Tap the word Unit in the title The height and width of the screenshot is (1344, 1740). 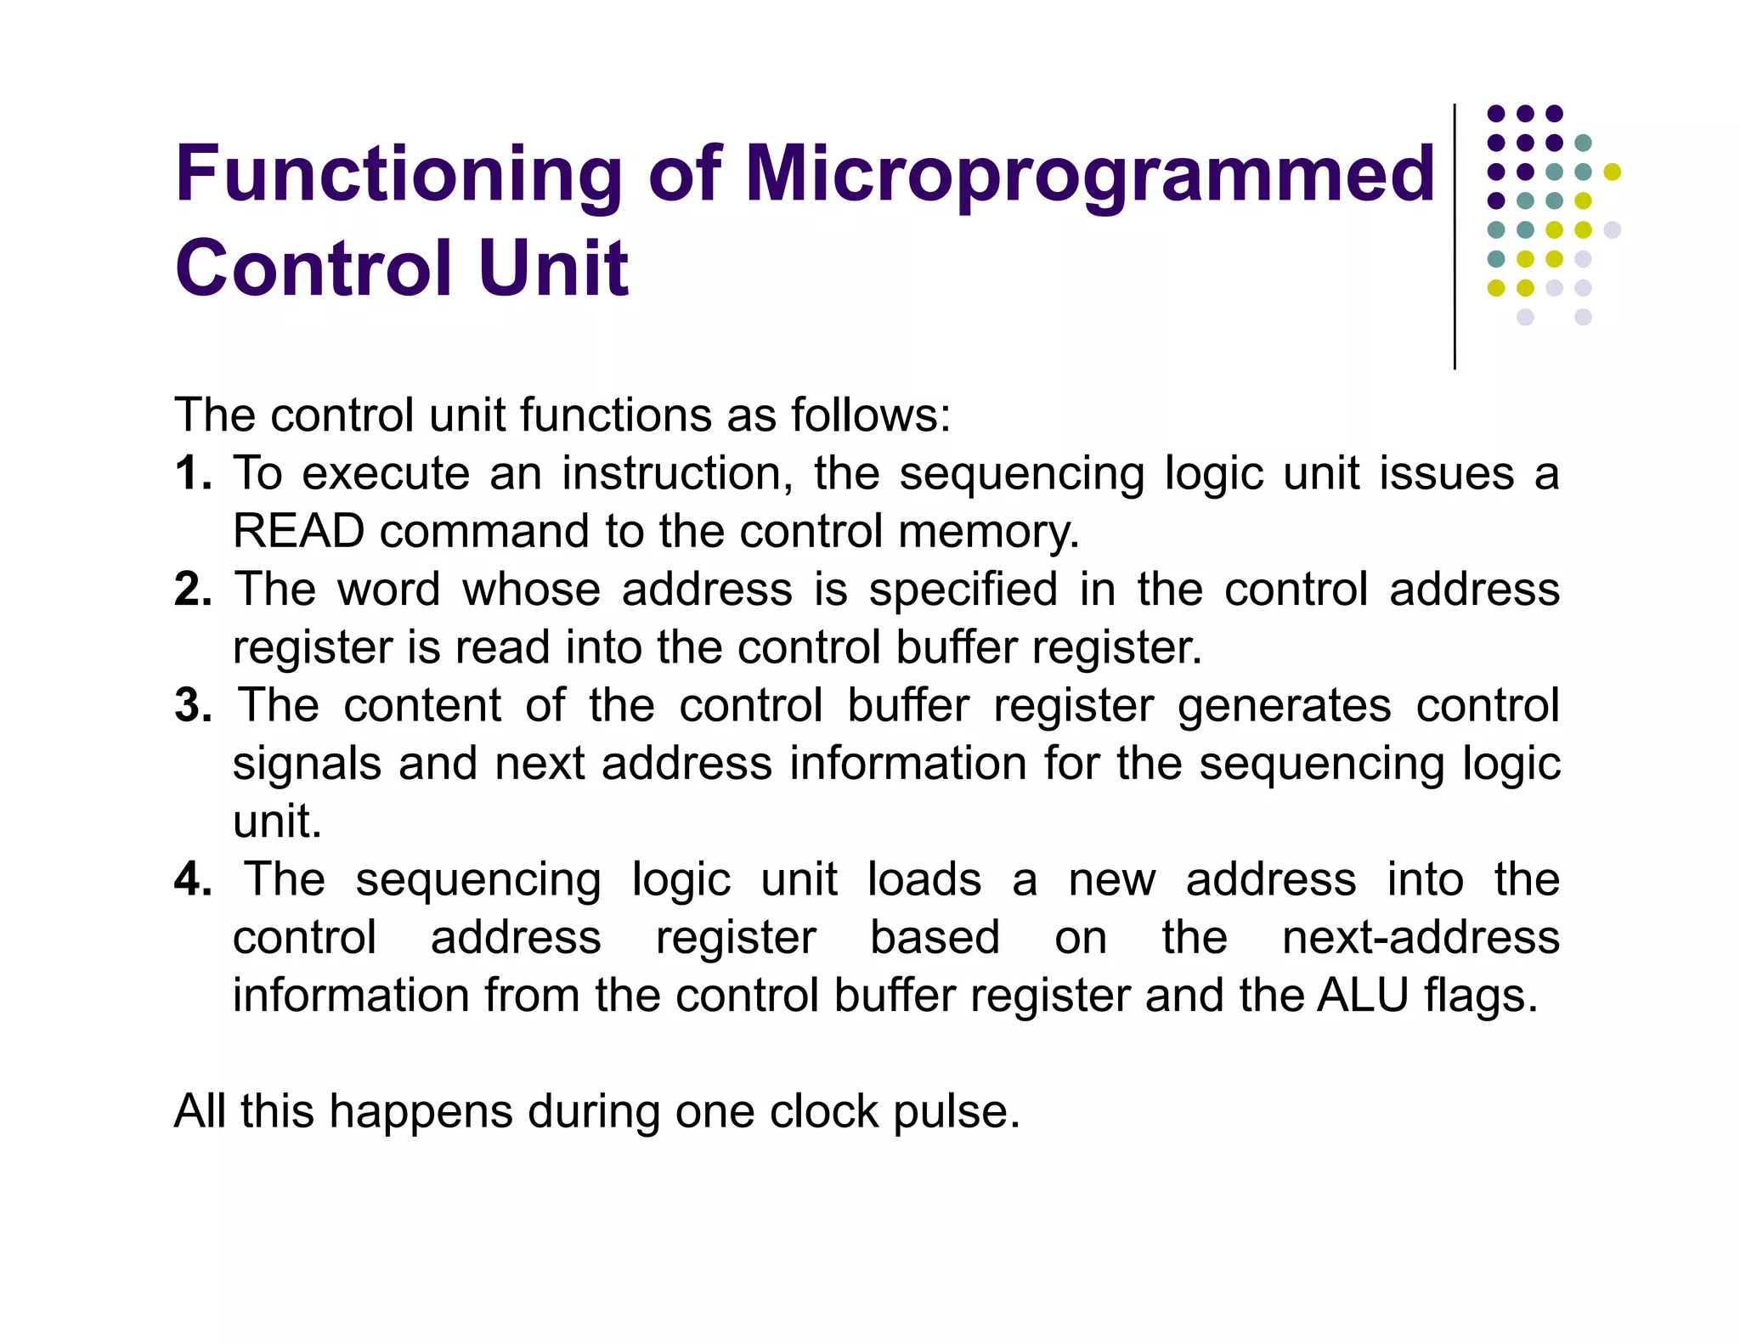pyautogui.click(x=552, y=268)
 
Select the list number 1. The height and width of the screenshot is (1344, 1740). pyautogui.click(x=192, y=473)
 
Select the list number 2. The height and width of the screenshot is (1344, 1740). pyautogui.click(x=192, y=590)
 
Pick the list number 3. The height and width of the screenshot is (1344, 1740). pyautogui.click(x=192, y=706)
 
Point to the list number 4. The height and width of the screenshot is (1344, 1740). pyautogui.click(x=192, y=879)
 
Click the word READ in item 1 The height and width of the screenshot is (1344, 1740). pyautogui.click(x=298, y=532)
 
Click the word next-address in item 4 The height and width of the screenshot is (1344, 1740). pyautogui.click(x=1421, y=938)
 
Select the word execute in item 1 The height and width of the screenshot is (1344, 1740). pyautogui.click(x=386, y=473)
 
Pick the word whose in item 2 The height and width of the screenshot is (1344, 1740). pyautogui.click(x=531, y=590)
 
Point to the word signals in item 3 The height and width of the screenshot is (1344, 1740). pyautogui.click(x=307, y=765)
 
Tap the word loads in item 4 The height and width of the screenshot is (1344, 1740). pyautogui.click(x=924, y=879)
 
